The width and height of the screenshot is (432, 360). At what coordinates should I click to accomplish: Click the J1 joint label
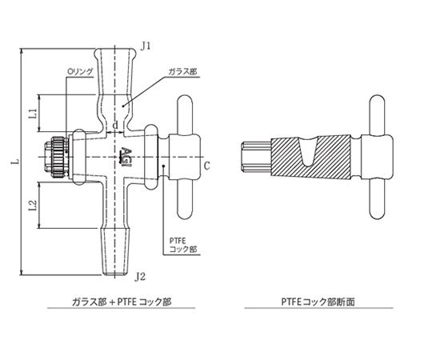[x=146, y=46]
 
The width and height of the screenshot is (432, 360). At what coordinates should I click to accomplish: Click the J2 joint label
[x=140, y=277]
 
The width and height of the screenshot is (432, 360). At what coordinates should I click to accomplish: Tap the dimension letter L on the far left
[x=16, y=162]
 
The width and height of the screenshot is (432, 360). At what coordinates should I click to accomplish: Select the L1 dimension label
[x=33, y=114]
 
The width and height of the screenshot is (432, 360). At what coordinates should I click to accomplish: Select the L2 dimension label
[x=33, y=206]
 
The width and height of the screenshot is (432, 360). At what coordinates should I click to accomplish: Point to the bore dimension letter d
[x=116, y=125]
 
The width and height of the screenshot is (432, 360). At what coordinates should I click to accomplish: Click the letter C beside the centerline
[x=207, y=166]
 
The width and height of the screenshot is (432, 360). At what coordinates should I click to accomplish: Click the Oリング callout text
[x=80, y=72]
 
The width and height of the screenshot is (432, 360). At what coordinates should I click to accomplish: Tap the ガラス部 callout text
[x=183, y=72]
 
